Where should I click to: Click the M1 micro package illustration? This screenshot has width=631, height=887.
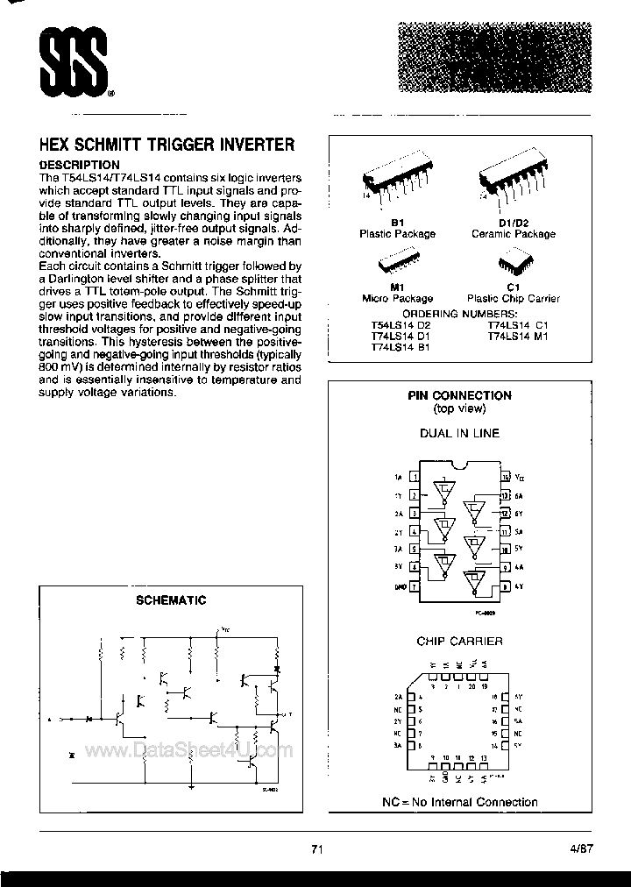click(397, 266)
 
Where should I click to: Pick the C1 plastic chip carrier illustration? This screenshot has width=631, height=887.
click(513, 265)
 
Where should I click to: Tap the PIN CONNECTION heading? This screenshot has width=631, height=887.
click(459, 395)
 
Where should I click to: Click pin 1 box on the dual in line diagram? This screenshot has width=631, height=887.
click(414, 478)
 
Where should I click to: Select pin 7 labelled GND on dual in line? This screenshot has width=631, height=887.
click(414, 585)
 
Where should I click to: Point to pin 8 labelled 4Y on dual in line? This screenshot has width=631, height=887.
click(504, 585)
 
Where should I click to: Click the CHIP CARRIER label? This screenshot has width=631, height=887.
click(459, 641)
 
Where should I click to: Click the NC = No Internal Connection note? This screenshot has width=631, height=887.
click(459, 801)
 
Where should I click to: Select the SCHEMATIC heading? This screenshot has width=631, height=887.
click(171, 600)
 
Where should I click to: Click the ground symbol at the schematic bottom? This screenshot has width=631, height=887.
click(191, 787)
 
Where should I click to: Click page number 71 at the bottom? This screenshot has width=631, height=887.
click(318, 848)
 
